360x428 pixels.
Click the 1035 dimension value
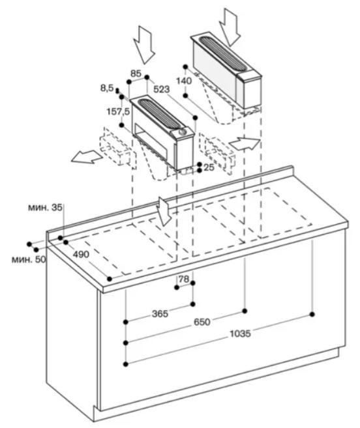tap(240, 334)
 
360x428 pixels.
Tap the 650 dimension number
tap(202, 322)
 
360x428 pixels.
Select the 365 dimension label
tap(160, 313)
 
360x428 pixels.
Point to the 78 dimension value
tap(184, 279)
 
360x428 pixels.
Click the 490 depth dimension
tap(81, 254)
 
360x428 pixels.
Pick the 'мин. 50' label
tap(29, 259)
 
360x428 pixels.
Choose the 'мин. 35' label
tap(45, 208)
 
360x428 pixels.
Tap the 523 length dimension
tap(161, 89)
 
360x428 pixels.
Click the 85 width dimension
tap(136, 73)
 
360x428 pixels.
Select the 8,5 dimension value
tap(107, 88)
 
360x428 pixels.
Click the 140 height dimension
tap(184, 81)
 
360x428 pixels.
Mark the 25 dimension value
tap(209, 167)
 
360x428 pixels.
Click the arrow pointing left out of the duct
tap(87, 158)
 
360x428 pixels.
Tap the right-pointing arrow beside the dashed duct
tap(245, 144)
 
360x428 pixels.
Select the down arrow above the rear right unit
tap(230, 27)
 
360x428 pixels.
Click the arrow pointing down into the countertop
tap(164, 212)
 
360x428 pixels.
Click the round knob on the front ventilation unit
tap(182, 133)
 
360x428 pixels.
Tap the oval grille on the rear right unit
tap(222, 53)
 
